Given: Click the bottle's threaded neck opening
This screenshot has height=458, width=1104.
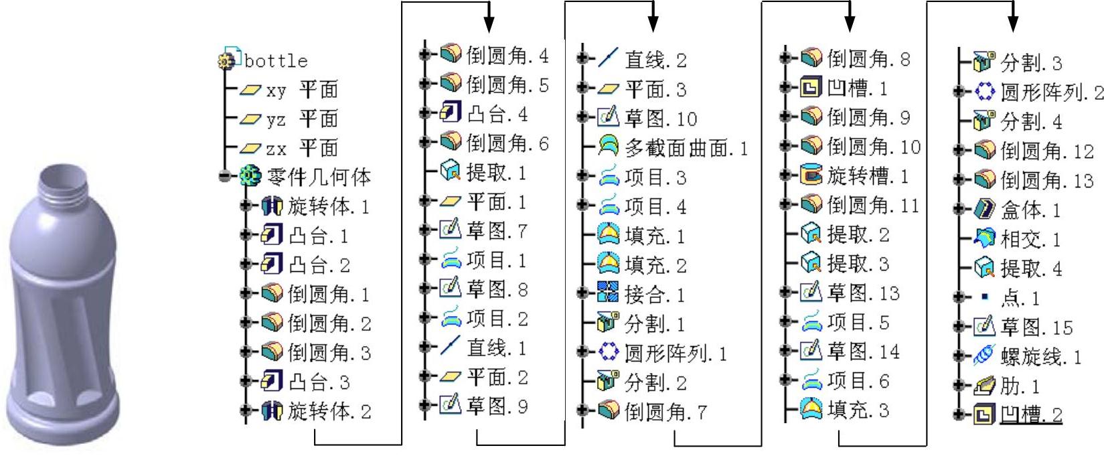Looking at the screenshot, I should pyautogui.click(x=65, y=178).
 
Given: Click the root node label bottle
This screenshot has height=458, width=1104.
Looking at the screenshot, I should pyautogui.click(x=275, y=61).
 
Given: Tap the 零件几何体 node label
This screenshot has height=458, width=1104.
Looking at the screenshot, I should pyautogui.click(x=318, y=177).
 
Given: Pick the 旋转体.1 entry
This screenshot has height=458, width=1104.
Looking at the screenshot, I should pyautogui.click(x=328, y=206).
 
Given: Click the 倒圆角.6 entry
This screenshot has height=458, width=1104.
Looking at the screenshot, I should pyautogui.click(x=507, y=143).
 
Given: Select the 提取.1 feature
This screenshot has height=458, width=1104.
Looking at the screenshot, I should pyautogui.click(x=496, y=173).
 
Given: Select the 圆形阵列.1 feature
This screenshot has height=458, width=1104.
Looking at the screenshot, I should pyautogui.click(x=675, y=354).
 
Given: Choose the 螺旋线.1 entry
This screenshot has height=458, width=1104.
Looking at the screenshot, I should pyautogui.click(x=1040, y=357).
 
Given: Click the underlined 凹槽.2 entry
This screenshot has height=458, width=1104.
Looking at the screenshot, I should pyautogui.click(x=1031, y=415).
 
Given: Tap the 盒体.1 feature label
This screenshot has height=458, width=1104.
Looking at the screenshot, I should pyautogui.click(x=1030, y=211).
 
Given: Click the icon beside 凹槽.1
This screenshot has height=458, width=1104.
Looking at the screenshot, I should pyautogui.click(x=810, y=88).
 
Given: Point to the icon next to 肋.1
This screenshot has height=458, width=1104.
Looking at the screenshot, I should pyautogui.click(x=983, y=386).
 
